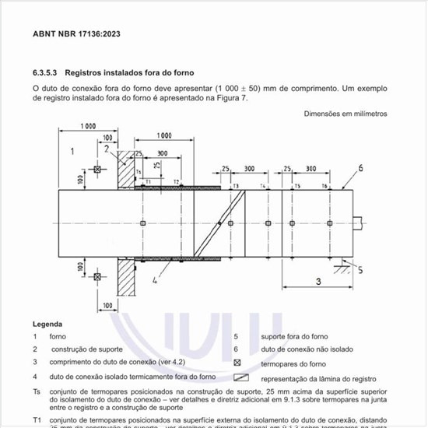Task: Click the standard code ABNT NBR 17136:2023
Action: click(x=76, y=34)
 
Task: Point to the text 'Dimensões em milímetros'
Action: click(x=345, y=114)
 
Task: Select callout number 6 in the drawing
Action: click(x=361, y=167)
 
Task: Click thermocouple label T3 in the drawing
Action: click(x=235, y=188)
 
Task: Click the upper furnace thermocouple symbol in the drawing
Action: click(x=96, y=170)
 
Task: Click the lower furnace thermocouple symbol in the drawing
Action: click(x=96, y=276)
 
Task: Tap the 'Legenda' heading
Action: click(x=47, y=324)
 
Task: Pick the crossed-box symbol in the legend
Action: click(x=238, y=363)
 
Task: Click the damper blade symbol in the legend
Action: click(x=240, y=376)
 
